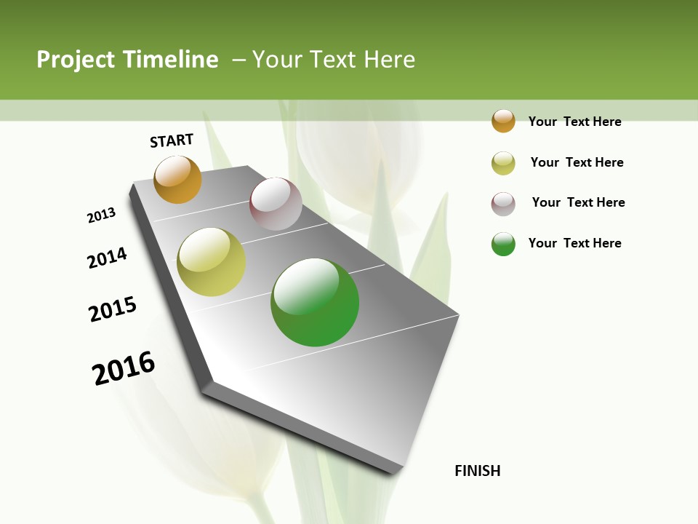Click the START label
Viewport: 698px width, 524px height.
(172, 140)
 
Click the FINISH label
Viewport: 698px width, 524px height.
(478, 471)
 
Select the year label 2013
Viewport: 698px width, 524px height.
(101, 215)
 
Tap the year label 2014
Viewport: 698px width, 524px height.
(107, 258)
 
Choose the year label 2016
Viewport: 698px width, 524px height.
(124, 368)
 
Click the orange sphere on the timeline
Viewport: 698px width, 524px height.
(177, 179)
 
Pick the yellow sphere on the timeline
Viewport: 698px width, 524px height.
(211, 262)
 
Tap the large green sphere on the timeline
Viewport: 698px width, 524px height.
(315, 302)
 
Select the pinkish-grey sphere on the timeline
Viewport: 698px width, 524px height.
(276, 204)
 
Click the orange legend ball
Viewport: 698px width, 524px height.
(503, 121)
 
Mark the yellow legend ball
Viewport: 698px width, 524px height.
(503, 163)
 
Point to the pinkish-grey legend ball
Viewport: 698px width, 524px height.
(503, 204)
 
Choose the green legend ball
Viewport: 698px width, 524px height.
(503, 244)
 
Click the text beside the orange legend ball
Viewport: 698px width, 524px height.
(574, 122)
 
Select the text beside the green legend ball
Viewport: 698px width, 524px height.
(574, 243)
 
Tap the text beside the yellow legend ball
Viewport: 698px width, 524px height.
(577, 162)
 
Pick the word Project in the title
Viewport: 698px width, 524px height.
(76, 60)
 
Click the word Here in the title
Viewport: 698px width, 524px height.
(389, 60)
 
